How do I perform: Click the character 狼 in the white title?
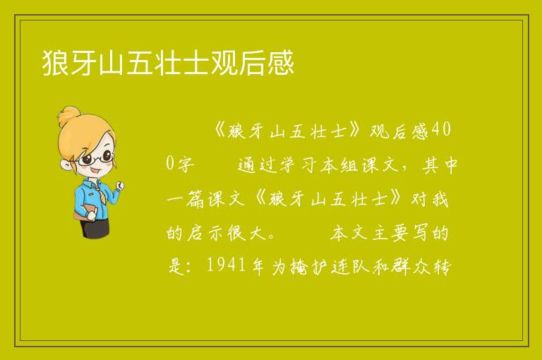pos(55,63)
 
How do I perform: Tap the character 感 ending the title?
pos(280,63)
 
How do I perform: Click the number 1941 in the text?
pos(227,265)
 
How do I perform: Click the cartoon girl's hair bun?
pos(70,115)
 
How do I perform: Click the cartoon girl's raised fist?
pos(119,186)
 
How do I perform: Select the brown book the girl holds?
pos(83,212)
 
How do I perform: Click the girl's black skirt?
pos(95,228)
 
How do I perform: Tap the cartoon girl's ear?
pos(66,164)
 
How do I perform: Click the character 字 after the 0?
pos(186,164)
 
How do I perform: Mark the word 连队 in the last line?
pos(350,266)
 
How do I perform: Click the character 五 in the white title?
pos(140,63)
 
